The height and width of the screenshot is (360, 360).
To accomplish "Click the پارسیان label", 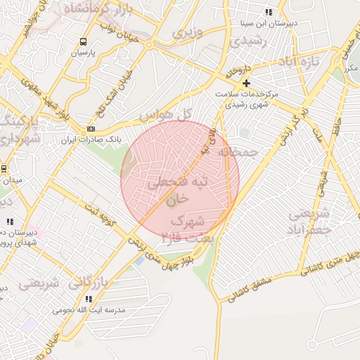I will pyautogui.click(x=84, y=52).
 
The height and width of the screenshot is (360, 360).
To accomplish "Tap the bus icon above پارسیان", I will pyautogui.click(x=84, y=41).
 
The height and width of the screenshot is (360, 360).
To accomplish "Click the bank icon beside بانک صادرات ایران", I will pyautogui.click(x=91, y=129).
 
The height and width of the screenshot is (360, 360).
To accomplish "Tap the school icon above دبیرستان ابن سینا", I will pyautogui.click(x=269, y=11).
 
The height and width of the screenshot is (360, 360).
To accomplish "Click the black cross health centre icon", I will pyautogui.click(x=246, y=83).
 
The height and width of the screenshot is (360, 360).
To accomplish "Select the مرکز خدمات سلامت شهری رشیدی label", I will pyautogui.click(x=246, y=98).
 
